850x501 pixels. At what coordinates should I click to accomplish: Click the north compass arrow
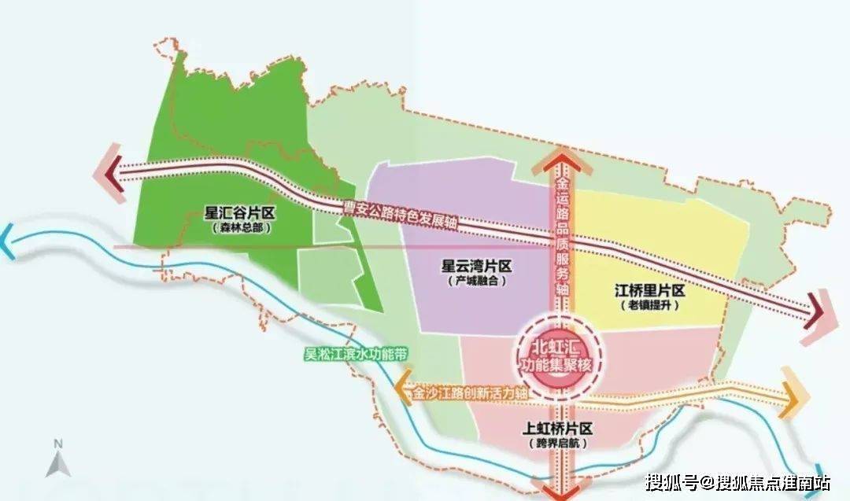[x=56, y=459]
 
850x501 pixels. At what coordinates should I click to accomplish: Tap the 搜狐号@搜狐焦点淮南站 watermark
[x=737, y=481]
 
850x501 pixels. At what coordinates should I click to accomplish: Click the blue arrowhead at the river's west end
[x=8, y=234]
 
